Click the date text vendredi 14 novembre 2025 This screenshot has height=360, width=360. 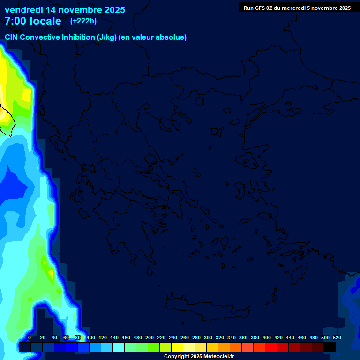tap(65, 10)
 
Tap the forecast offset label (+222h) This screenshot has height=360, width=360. tap(83, 21)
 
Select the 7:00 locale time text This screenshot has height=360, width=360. tap(33, 21)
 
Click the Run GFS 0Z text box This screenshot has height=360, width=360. tap(297, 8)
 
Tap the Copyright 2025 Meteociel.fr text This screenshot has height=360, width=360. tap(199, 357)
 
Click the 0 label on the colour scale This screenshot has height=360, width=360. tap(30, 337)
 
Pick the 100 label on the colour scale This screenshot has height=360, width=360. tap(91, 337)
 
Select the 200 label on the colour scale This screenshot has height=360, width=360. tap(150, 337)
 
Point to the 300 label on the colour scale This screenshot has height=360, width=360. tap(208, 337)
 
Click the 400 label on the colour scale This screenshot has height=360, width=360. tap(267, 337)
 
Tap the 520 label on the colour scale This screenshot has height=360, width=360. tap(337, 337)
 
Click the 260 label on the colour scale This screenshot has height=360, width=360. tap(185, 337)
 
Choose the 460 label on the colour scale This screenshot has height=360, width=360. tap(302, 337)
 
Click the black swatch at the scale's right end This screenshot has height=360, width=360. tap(330, 347)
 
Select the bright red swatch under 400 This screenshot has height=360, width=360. tap(271, 347)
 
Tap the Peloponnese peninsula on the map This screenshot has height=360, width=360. tap(136, 244)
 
